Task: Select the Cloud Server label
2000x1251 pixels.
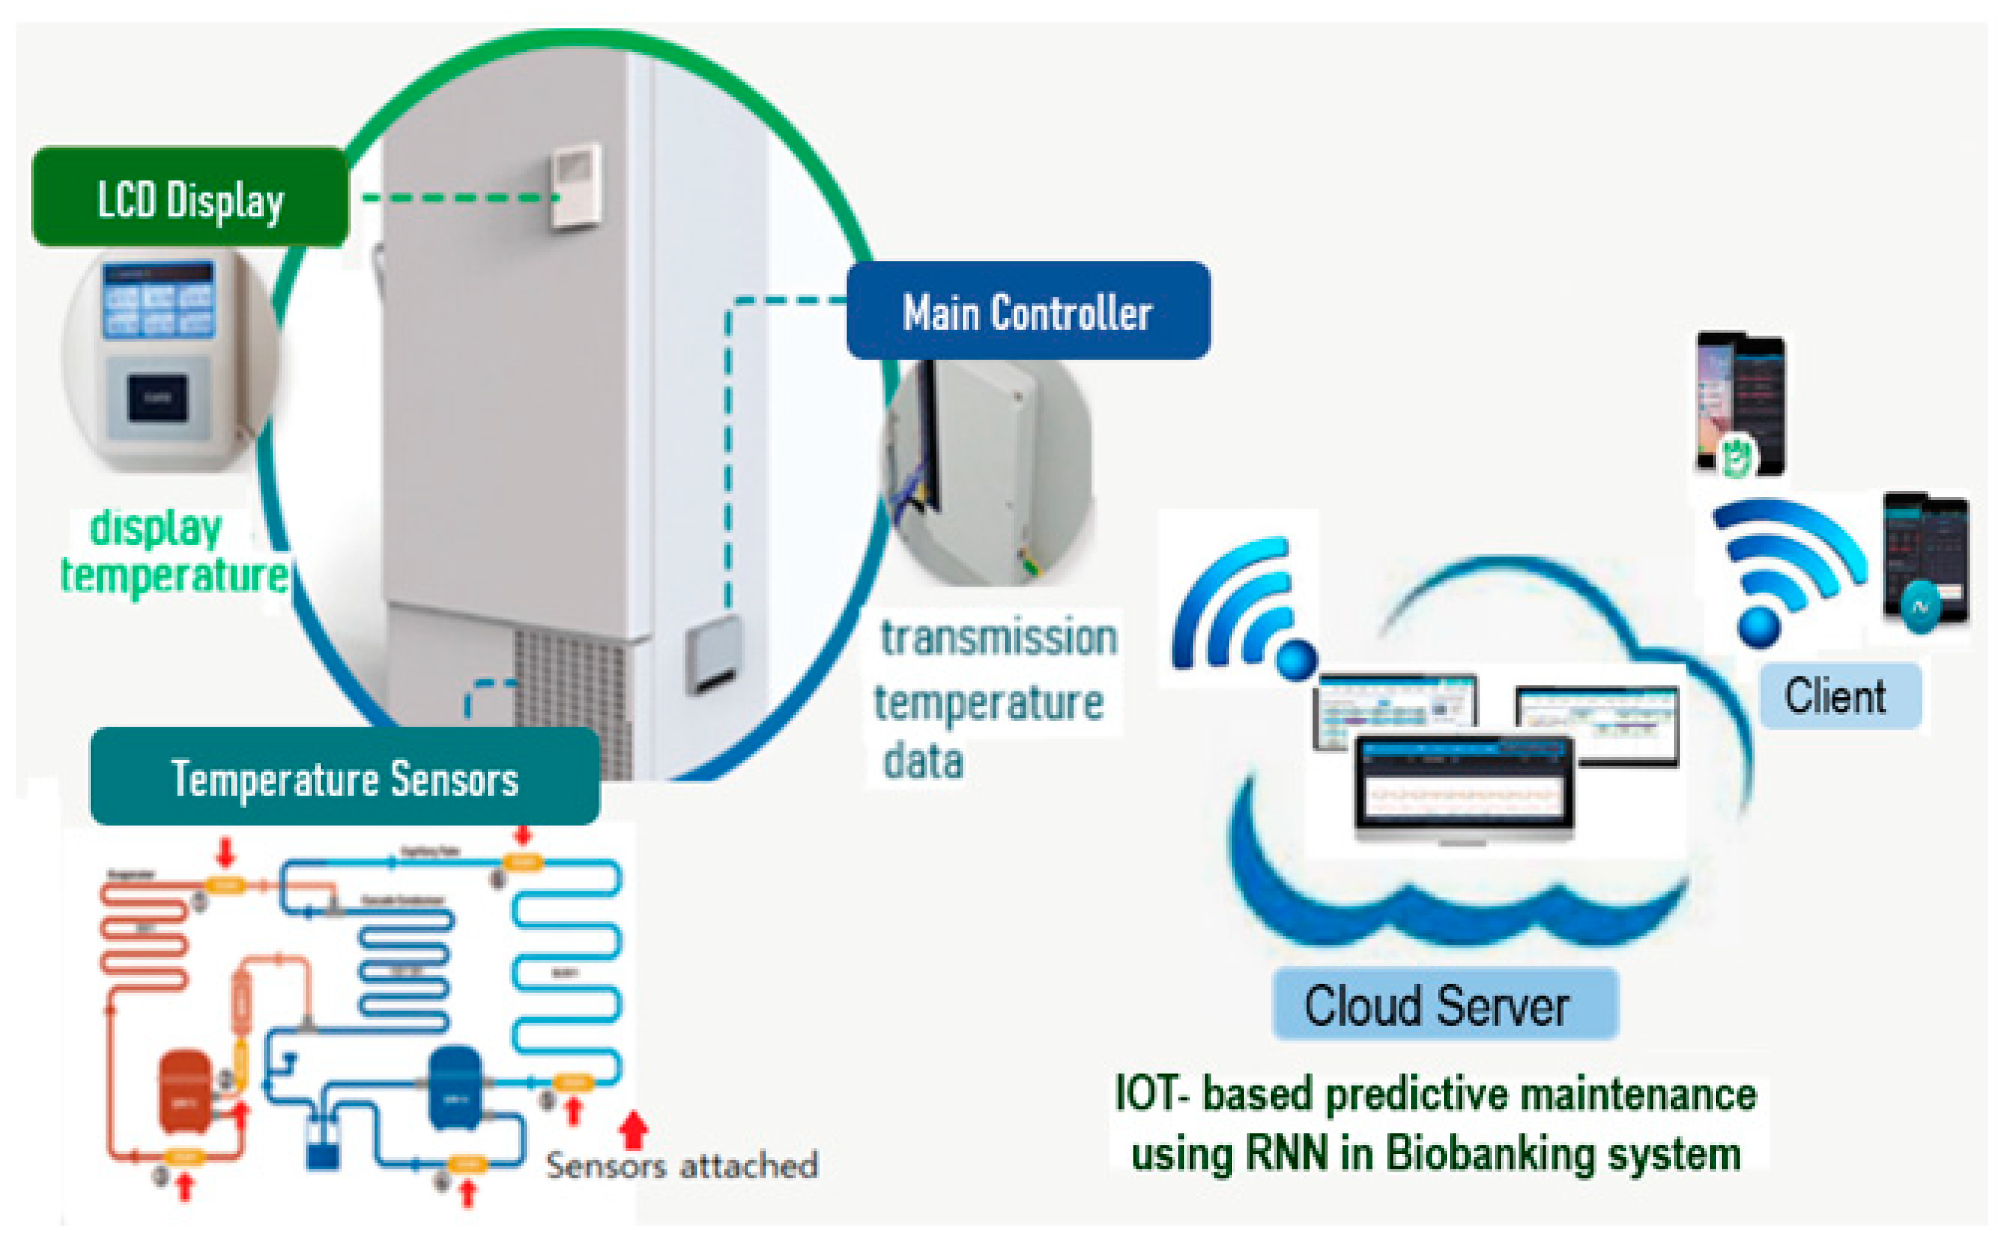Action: [1444, 1003]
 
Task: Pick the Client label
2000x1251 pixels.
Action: [1839, 695]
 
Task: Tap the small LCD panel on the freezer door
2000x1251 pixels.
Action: [577, 185]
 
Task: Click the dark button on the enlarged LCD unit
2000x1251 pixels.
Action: [157, 397]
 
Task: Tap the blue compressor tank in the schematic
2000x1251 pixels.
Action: [454, 1086]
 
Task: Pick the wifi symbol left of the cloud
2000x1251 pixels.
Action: [1241, 608]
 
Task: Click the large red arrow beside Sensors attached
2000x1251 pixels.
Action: [633, 1129]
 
